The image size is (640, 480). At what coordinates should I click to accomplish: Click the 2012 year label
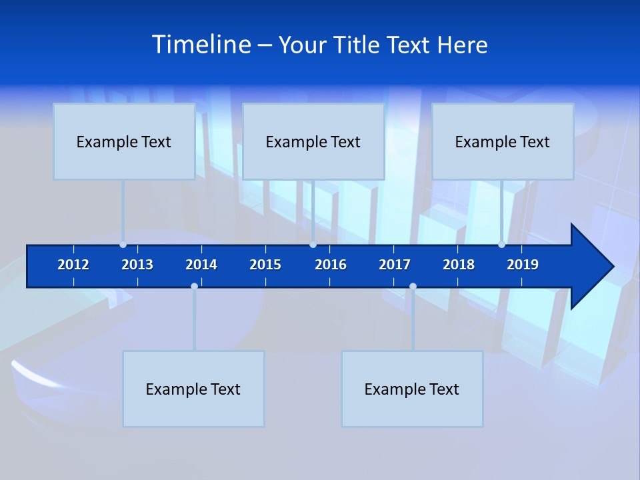tap(73, 265)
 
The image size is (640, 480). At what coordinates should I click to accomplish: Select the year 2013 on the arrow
tap(137, 265)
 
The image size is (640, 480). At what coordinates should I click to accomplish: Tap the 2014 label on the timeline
tap(201, 265)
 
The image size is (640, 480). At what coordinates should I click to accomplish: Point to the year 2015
tap(265, 265)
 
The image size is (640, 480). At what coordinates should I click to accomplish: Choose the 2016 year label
tap(331, 265)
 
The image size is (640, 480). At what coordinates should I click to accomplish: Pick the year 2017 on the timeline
tap(395, 265)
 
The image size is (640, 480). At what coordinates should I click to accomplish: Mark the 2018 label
tap(459, 265)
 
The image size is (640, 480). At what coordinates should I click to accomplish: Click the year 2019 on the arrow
tap(523, 265)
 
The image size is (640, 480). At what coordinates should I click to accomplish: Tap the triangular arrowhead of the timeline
tap(591, 267)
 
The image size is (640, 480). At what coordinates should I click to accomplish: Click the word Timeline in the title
tap(201, 45)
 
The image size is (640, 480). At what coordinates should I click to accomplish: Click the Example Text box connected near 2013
tap(124, 141)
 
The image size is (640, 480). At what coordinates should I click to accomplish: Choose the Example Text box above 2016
tap(313, 141)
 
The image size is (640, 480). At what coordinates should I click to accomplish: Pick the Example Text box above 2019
tap(503, 141)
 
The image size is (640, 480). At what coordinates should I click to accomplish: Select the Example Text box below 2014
tap(193, 389)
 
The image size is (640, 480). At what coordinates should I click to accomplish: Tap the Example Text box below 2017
tap(412, 389)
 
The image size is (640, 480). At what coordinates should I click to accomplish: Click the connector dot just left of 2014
tap(194, 286)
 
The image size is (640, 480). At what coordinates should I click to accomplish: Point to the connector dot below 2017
tap(413, 286)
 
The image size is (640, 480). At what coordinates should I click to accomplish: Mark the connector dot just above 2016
tap(313, 245)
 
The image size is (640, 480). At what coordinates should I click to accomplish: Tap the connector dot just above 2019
tap(501, 245)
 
